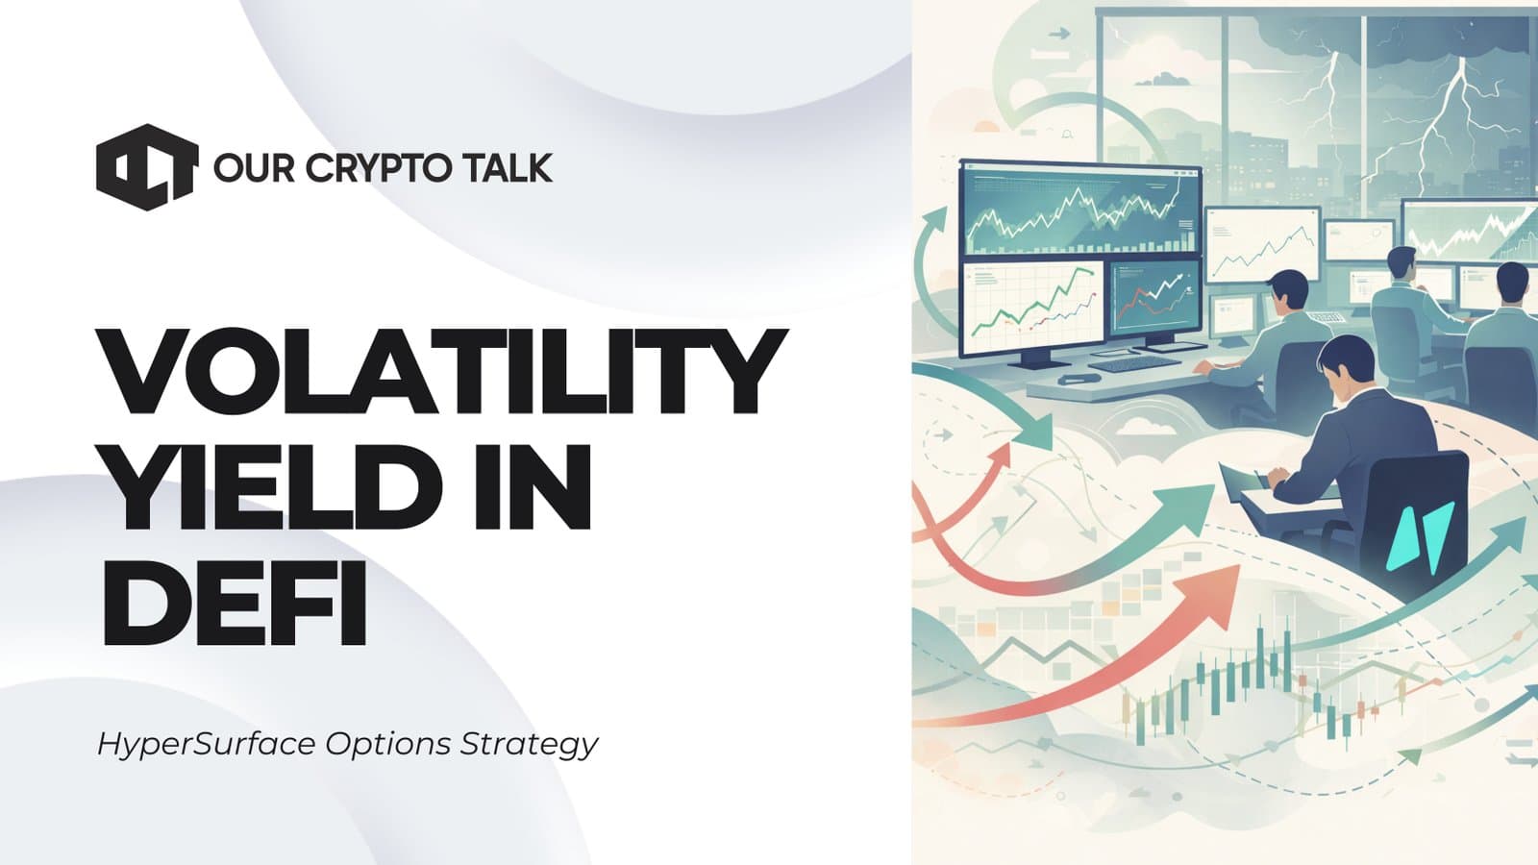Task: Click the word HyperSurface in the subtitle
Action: tap(207, 744)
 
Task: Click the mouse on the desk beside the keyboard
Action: tap(1070, 380)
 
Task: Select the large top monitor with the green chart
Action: tap(1080, 210)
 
